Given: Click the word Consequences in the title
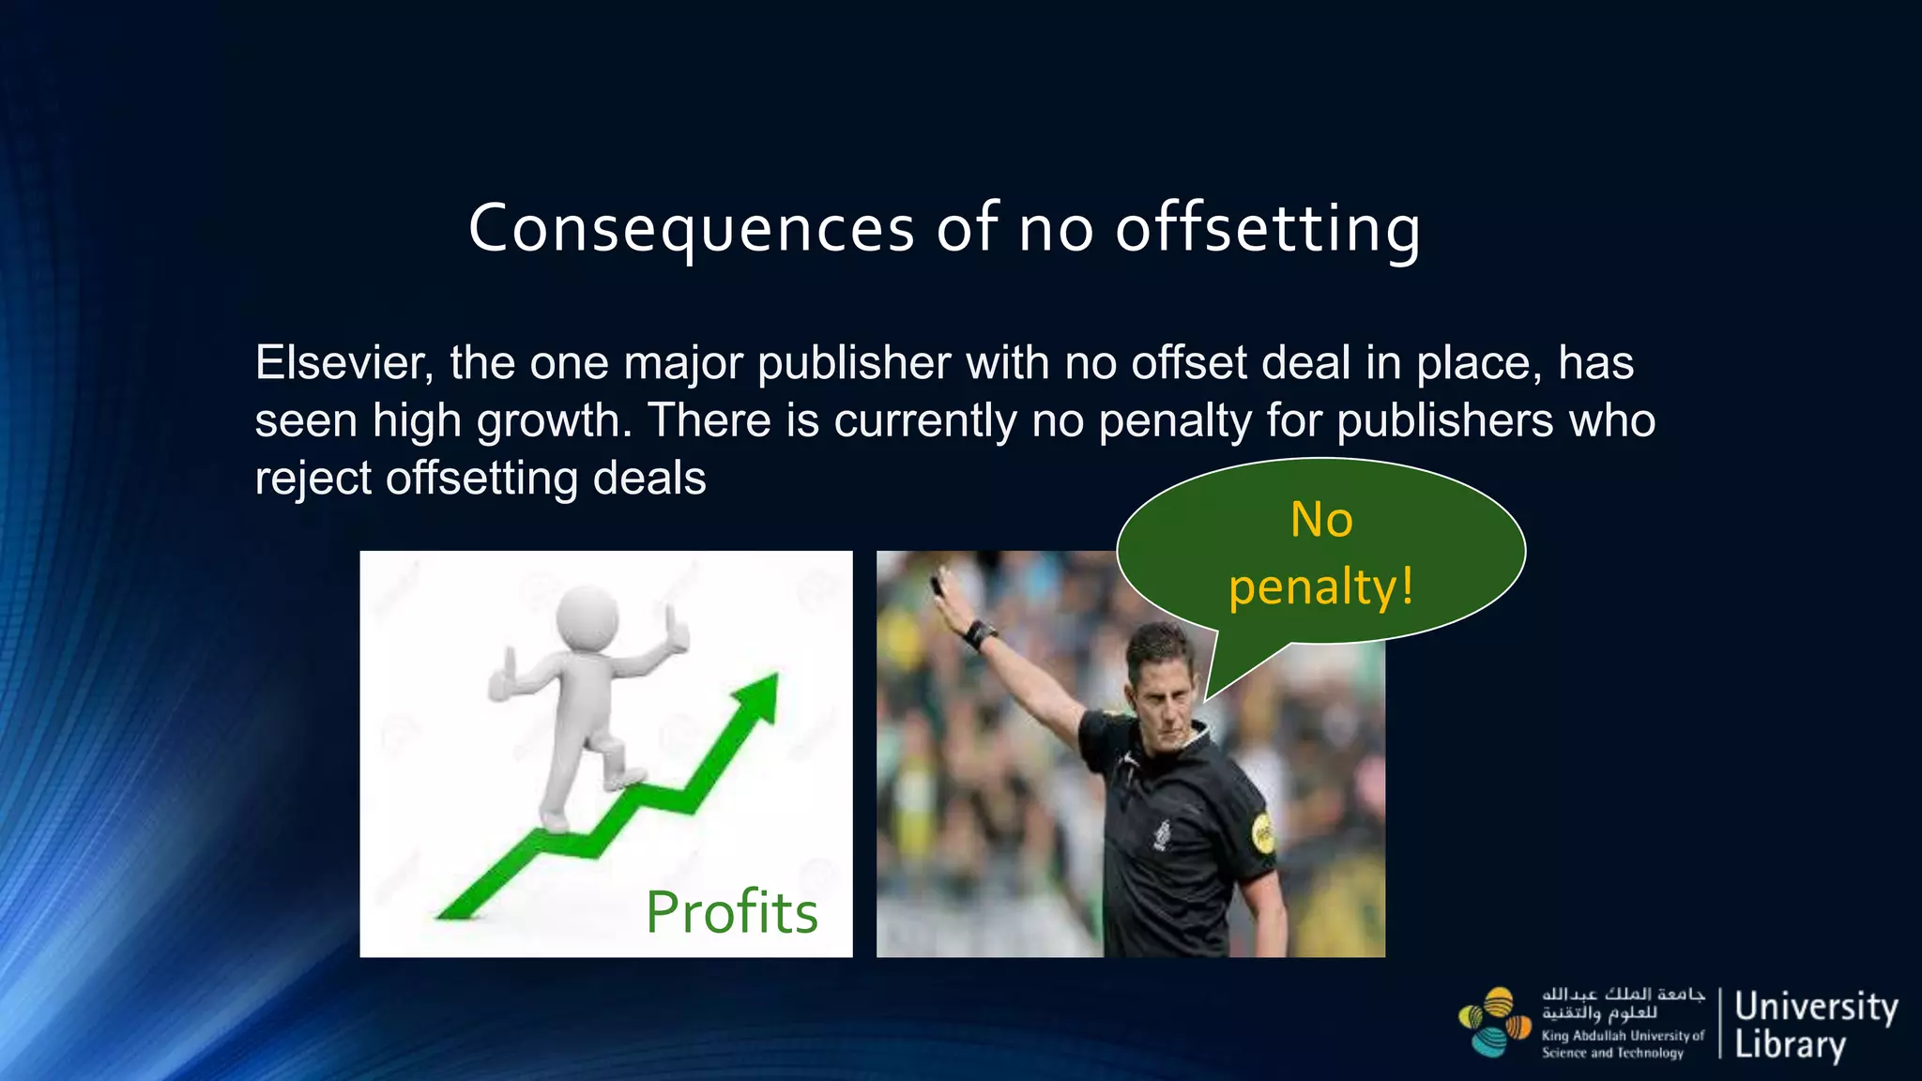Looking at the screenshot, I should pos(691,228).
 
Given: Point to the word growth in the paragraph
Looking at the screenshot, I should pos(554,420).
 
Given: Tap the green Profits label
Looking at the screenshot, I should pos(731,912).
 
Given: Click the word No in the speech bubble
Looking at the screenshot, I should pos(1321,520).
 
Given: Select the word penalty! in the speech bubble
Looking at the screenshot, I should pos(1320,588).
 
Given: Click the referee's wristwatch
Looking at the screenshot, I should pos(981,634).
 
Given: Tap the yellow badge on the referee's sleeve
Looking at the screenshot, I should pos(1263,832).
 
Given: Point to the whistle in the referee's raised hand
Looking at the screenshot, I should pos(937,584).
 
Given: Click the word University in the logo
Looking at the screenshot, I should pos(1816,1007).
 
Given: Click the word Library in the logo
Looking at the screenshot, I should pos(1790,1044).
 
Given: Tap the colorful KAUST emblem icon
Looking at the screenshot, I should pos(1494,1022).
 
